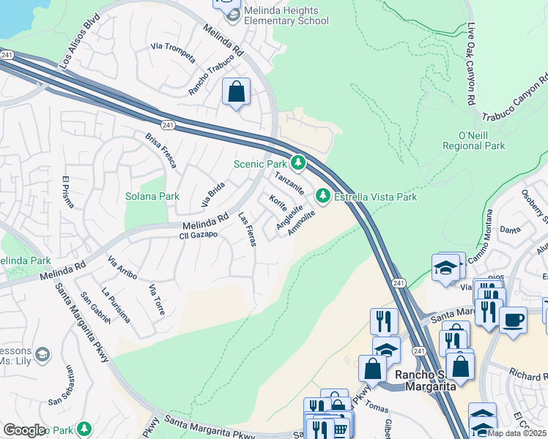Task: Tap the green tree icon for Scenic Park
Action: [297, 162]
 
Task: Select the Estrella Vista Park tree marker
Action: [322, 196]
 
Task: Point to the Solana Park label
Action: [152, 196]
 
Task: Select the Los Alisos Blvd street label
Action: [79, 50]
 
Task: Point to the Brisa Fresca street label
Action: [160, 151]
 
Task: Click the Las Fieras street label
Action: [248, 229]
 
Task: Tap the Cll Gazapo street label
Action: [199, 235]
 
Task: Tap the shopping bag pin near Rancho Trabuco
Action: [236, 92]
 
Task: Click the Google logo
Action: [24, 430]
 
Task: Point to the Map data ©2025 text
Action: [516, 432]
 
